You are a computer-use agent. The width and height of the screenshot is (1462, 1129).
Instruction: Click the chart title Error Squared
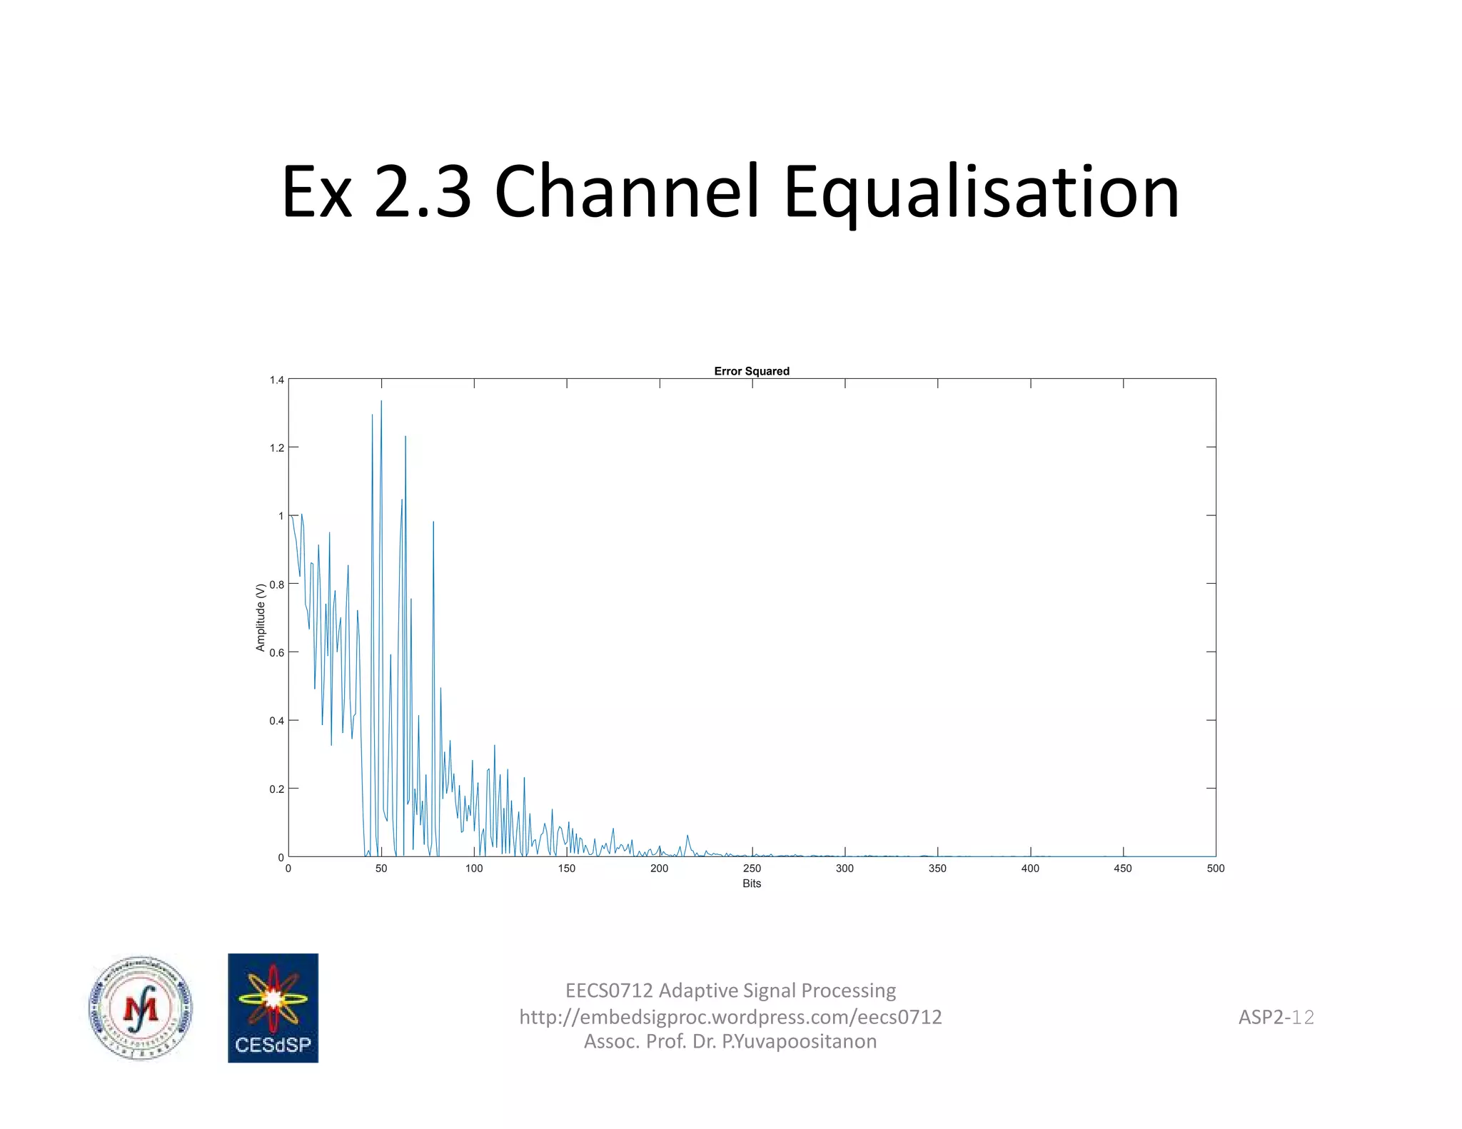(x=751, y=371)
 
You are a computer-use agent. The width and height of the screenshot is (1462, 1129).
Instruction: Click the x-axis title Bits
(x=751, y=884)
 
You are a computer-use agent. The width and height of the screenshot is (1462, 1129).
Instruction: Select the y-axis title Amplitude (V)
(x=261, y=617)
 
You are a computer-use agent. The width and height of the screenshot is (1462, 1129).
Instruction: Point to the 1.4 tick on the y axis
(x=277, y=380)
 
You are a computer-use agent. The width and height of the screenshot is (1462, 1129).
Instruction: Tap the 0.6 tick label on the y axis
(x=277, y=652)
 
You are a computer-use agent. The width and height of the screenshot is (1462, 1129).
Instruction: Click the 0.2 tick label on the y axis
(x=277, y=789)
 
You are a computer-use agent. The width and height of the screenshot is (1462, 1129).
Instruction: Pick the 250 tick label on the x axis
(x=752, y=869)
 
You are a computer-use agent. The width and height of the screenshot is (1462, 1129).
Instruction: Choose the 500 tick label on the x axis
(x=1215, y=869)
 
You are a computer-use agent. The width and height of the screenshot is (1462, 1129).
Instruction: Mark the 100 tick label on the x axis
(x=474, y=869)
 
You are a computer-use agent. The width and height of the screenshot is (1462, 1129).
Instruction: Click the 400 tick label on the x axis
(x=1030, y=869)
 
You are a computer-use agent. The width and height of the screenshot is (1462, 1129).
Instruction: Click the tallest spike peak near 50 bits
(x=381, y=402)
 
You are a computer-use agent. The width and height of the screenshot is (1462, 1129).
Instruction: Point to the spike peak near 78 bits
(x=433, y=523)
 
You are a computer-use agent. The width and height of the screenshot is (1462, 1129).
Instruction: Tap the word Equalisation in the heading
(x=981, y=193)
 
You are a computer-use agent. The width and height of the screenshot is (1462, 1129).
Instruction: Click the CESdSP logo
(x=273, y=1008)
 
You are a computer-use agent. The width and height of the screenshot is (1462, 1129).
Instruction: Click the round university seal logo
(x=141, y=1008)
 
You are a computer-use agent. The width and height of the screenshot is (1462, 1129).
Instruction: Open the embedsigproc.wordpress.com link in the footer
(x=730, y=1016)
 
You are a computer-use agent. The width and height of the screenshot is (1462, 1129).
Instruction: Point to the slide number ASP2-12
(x=1276, y=1017)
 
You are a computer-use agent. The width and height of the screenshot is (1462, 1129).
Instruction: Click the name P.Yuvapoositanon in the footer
(x=799, y=1041)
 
